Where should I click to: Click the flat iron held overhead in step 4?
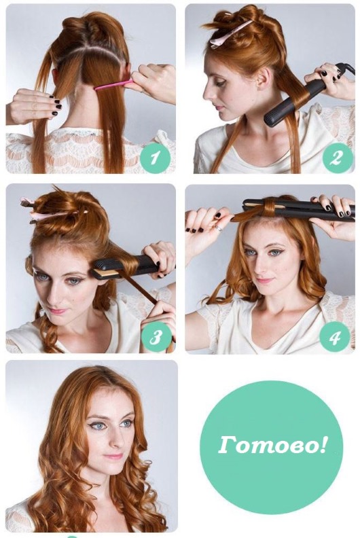[x=299, y=209]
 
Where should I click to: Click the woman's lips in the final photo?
[x=113, y=456]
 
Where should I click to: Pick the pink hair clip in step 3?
[x=51, y=215]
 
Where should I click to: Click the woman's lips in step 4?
[x=264, y=280]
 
